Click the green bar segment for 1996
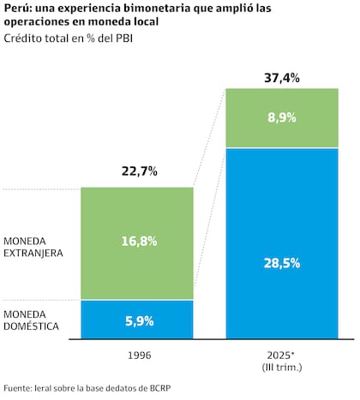pos(137,214)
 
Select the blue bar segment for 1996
pos(137,325)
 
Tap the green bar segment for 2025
pos(282,118)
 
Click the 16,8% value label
pos(137,242)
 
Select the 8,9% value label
pos(282,118)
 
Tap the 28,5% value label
pos(282,263)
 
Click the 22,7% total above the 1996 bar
pos(137,171)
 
